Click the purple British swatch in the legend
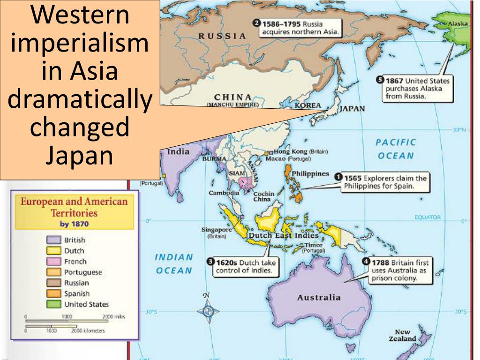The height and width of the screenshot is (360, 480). (x=54, y=240)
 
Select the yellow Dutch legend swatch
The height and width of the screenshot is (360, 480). (x=54, y=251)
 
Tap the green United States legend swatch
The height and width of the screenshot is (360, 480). (x=54, y=304)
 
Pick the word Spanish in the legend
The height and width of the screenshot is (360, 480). (x=76, y=294)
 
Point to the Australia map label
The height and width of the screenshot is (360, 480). (x=319, y=297)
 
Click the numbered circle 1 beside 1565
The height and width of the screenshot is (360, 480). (x=338, y=178)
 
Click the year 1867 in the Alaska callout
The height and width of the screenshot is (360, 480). (x=394, y=81)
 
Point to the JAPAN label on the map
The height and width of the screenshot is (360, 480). (x=352, y=109)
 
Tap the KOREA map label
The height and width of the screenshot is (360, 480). (x=307, y=106)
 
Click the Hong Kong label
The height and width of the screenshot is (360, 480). (x=290, y=151)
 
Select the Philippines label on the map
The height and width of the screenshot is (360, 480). (x=310, y=173)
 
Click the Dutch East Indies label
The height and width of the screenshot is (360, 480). (x=283, y=235)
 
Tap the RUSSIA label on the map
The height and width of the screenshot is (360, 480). (x=222, y=36)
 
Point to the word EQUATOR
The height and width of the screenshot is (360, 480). (x=427, y=217)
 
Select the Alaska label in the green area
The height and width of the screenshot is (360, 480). (x=457, y=23)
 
